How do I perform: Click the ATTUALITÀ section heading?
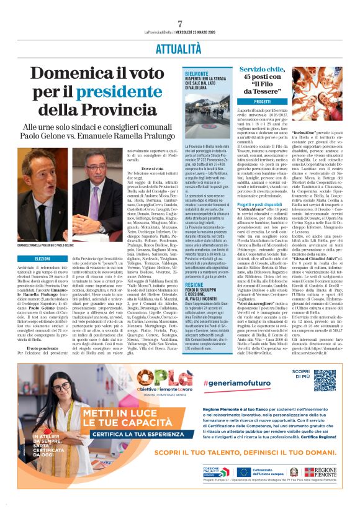point(180,47)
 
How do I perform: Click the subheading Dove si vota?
point(152,169)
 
